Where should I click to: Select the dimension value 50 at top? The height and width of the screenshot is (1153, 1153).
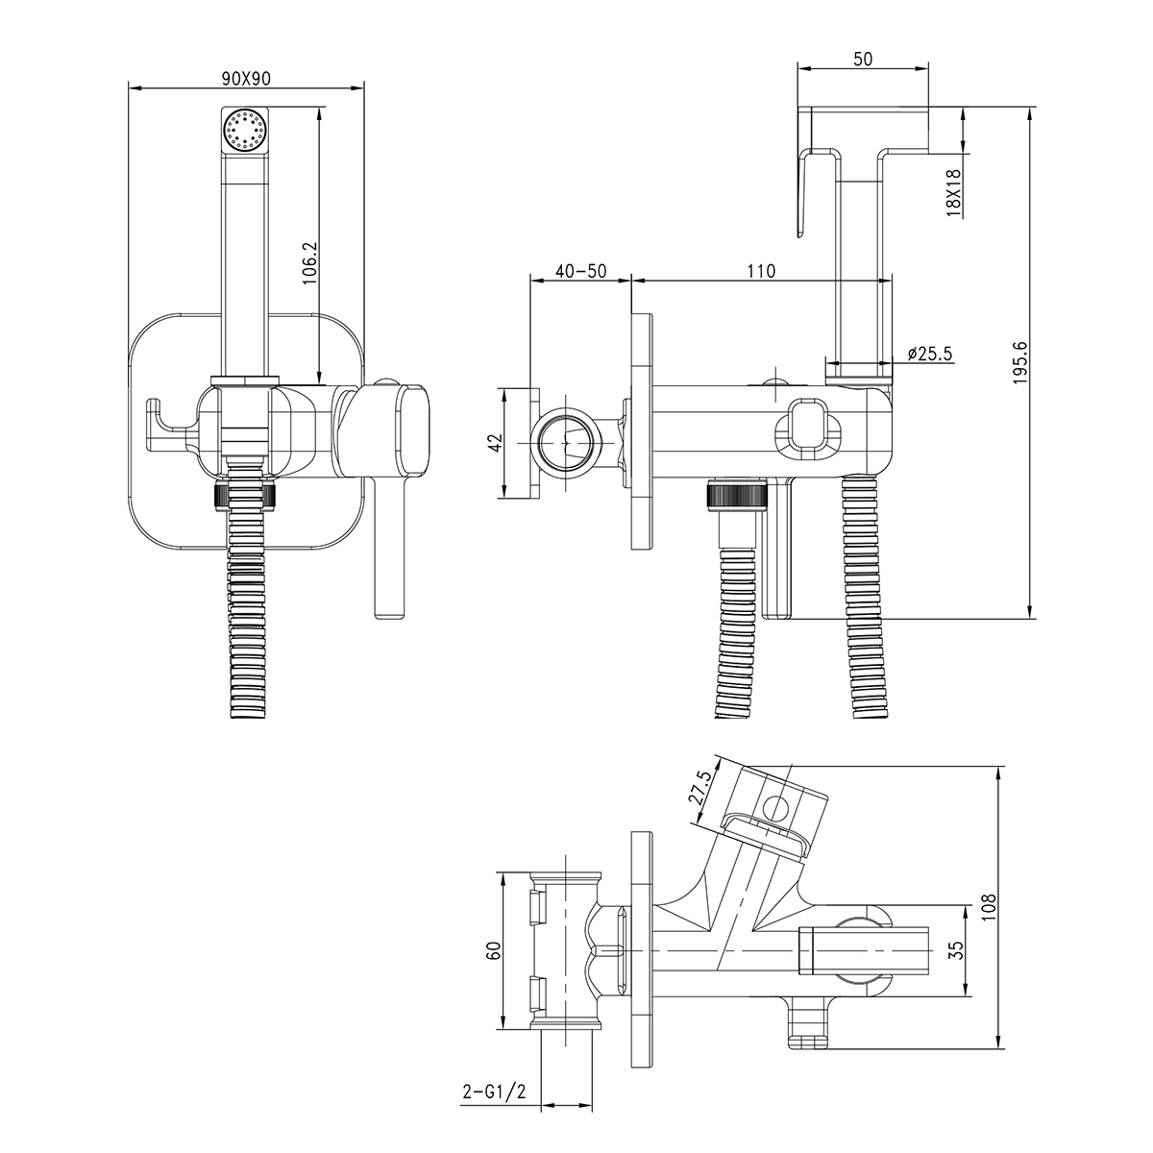coord(863,59)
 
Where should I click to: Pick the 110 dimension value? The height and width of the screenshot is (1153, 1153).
coord(760,271)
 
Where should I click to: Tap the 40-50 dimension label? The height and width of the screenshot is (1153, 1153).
coord(581,271)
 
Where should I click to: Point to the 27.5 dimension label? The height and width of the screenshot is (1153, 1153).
coord(702,791)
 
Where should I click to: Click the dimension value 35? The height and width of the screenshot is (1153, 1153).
coord(954,950)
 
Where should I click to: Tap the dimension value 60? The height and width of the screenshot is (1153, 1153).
coord(494,951)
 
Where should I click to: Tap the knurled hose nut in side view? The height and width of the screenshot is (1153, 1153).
coord(735,495)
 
